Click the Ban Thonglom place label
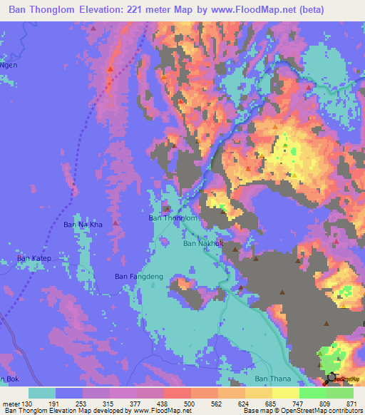[172, 218]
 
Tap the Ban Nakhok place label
[204, 243]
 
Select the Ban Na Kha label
[83, 225]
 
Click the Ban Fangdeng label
[139, 276]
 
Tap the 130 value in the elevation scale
[27, 403]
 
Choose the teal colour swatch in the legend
[42, 393]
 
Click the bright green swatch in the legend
[313, 393]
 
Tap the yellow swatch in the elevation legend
[286, 393]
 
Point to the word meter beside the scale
[10, 403]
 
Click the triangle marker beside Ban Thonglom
[166, 209]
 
